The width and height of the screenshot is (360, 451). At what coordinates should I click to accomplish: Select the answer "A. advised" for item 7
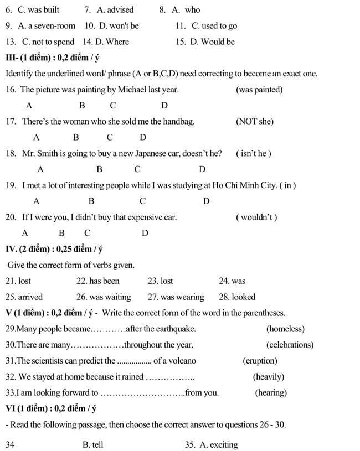(115, 9)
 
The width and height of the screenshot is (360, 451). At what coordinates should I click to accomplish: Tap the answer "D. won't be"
(118, 25)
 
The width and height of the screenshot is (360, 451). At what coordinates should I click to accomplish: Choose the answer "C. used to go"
(214, 25)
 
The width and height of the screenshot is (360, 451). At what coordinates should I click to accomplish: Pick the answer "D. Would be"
(212, 42)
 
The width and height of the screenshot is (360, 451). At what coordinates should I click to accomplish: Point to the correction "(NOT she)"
(254, 121)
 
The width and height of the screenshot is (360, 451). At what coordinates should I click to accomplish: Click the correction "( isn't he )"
(254, 153)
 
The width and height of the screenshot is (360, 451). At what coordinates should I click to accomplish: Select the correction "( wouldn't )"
(256, 217)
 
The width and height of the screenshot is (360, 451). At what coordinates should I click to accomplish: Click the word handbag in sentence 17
(178, 121)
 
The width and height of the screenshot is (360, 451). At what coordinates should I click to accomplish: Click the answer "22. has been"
(98, 281)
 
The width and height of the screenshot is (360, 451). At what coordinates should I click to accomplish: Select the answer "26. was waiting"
(104, 297)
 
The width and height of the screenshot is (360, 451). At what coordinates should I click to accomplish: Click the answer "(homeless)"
(285, 329)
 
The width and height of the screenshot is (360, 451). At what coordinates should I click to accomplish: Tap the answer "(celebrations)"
(290, 344)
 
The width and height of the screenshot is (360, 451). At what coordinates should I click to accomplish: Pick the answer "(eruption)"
(260, 360)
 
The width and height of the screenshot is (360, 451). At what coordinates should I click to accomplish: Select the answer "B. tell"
(92, 444)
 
